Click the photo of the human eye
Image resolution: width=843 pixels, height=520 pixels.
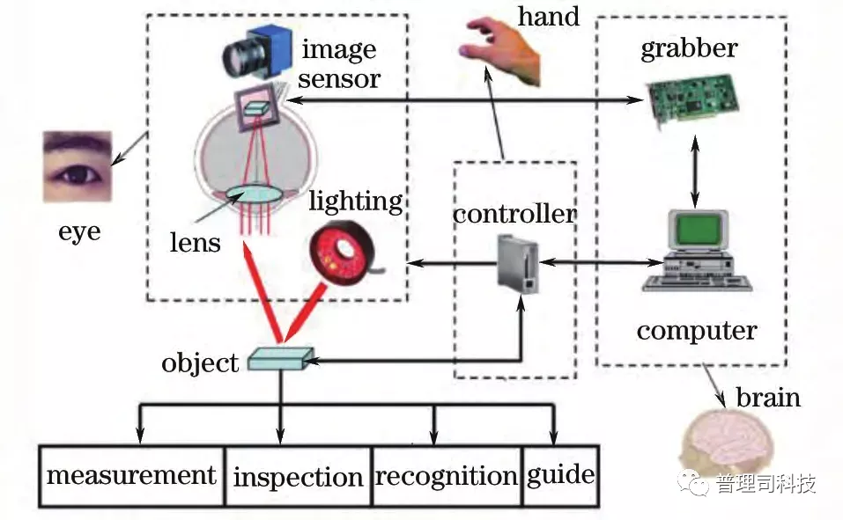point(77,166)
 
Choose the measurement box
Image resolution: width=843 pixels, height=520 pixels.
point(131,476)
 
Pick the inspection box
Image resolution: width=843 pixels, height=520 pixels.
point(298,477)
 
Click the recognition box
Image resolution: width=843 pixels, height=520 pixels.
point(446,477)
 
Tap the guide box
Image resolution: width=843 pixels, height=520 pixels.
point(560,476)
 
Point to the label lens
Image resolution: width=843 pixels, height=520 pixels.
point(196,241)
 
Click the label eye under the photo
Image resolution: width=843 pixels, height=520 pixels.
point(79,231)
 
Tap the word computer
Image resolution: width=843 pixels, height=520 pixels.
point(696,331)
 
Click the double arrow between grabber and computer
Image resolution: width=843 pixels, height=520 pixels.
point(696,172)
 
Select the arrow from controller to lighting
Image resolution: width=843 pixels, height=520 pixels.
point(449,261)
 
